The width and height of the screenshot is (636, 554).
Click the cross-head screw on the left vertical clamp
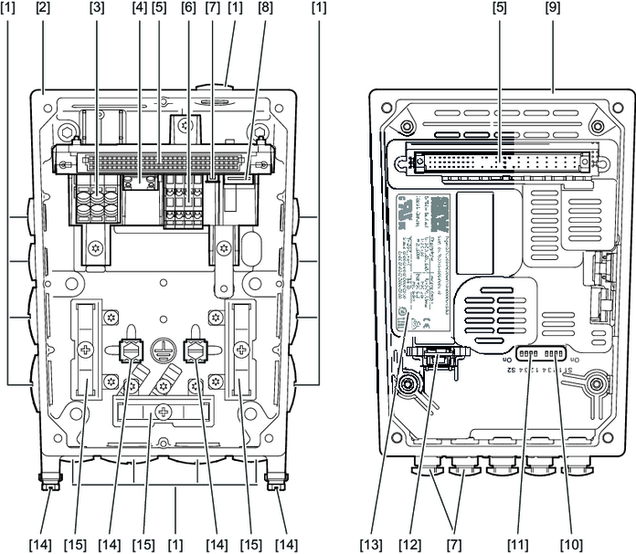(x=87, y=350)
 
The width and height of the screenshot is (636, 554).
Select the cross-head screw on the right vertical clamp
(x=242, y=350)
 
